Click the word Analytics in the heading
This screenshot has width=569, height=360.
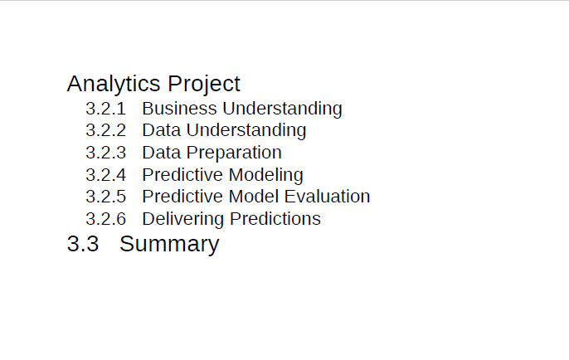coord(114,85)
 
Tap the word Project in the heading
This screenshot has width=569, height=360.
coord(204,85)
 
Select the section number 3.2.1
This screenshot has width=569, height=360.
coord(105,109)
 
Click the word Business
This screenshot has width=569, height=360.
coord(180,109)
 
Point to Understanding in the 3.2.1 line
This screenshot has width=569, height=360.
coord(282,109)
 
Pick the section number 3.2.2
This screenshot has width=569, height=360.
coord(105,130)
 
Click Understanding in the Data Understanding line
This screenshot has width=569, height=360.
coord(246,131)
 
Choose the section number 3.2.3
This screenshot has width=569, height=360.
coord(105,153)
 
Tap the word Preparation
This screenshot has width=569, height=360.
coord(234,153)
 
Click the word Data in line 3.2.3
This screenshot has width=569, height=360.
coord(162,153)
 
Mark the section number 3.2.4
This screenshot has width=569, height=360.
coord(105,175)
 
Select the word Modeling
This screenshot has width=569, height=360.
coord(266,176)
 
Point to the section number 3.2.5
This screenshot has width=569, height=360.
coord(105,197)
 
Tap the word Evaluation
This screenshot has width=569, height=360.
coord(328,197)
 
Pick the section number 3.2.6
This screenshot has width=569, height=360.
coord(105,219)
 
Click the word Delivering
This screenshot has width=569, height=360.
coord(183,220)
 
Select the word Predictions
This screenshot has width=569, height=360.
coord(275,219)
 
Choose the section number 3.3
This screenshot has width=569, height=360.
coord(83,244)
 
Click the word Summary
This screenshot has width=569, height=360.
coord(169,245)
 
